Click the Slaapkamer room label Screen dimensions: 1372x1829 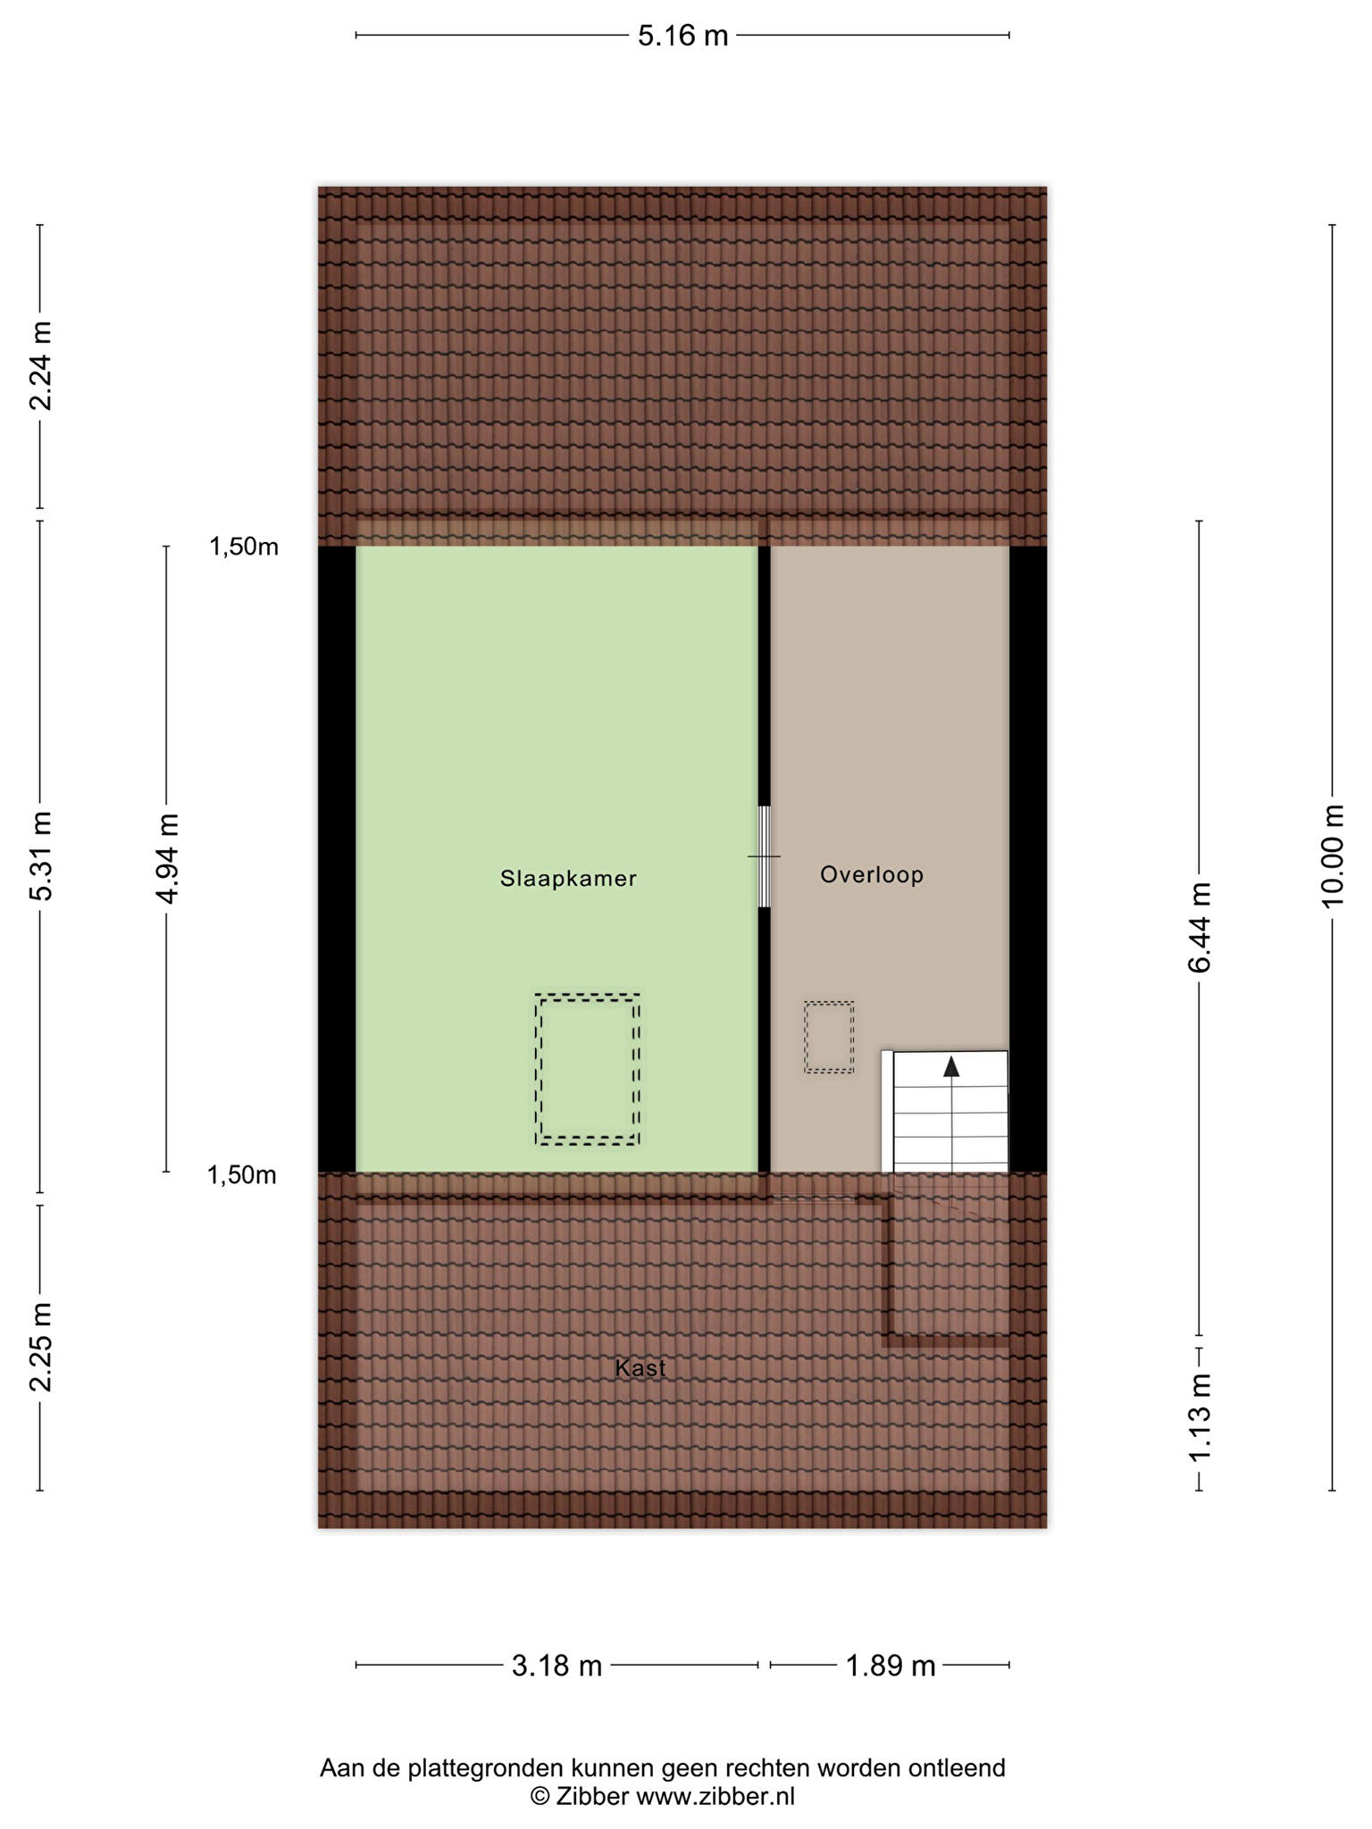(568, 879)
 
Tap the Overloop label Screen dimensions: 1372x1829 (872, 875)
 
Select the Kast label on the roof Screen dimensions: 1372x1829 (640, 1368)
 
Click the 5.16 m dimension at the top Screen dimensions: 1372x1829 (683, 36)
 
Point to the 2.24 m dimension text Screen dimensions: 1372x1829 (41, 365)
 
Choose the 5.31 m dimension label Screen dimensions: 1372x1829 (41, 856)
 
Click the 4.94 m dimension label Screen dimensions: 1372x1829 (167, 858)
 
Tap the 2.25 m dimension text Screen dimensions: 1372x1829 (41, 1347)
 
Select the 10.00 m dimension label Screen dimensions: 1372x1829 (1333, 856)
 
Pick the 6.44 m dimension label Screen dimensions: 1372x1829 (1200, 928)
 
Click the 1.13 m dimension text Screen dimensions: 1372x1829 (1200, 1418)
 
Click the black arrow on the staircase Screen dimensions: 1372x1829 (951, 1066)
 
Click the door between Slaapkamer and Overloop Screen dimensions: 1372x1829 (764, 856)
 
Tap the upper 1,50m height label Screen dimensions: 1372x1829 (244, 547)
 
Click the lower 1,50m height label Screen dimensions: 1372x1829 (242, 1175)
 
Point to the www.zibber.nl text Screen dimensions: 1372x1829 (715, 1797)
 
